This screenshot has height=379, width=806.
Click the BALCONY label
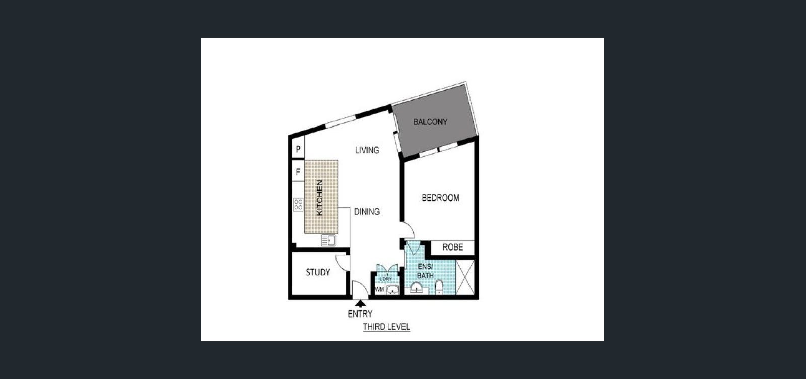pyautogui.click(x=430, y=122)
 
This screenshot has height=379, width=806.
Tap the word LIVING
pyautogui.click(x=367, y=150)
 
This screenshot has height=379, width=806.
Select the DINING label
pyautogui.click(x=367, y=212)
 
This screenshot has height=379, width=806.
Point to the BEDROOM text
pyautogui.click(x=440, y=198)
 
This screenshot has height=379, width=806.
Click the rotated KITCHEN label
pyautogui.click(x=319, y=198)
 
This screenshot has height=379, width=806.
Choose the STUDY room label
pyautogui.click(x=318, y=272)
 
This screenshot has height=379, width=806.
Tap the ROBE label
pyautogui.click(x=453, y=247)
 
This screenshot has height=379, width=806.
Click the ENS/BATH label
pyautogui.click(x=425, y=271)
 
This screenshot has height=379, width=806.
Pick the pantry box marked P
pyautogui.click(x=298, y=149)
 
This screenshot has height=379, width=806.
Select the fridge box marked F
pyautogui.click(x=298, y=172)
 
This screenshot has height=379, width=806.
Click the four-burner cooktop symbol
pyautogui.click(x=298, y=205)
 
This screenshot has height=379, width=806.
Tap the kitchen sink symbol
pyautogui.click(x=328, y=240)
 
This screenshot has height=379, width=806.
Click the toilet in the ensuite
pyautogui.click(x=439, y=287)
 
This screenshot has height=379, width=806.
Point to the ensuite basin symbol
pyautogui.click(x=417, y=288)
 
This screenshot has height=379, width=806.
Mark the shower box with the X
pyautogui.click(x=465, y=277)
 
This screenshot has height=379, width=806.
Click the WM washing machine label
pyautogui.click(x=380, y=289)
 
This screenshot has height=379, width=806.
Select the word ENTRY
pyautogui.click(x=360, y=314)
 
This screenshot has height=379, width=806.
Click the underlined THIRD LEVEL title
pyautogui.click(x=386, y=327)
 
